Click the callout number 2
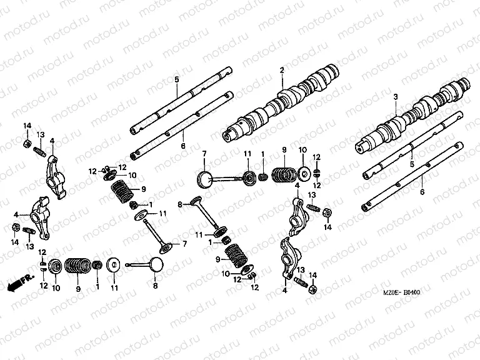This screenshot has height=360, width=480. coord(282,71)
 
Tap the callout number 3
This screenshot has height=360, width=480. coord(396,97)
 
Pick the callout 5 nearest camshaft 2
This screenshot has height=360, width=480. coord(176,79)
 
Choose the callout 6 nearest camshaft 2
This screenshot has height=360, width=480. coord(184,145)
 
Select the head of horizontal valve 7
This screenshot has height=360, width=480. coord(206,178)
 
